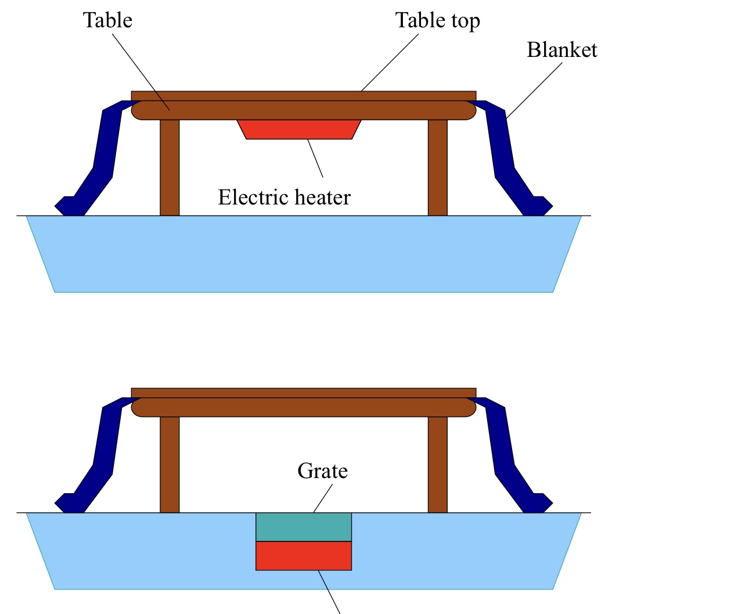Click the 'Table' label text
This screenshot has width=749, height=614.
[107, 20]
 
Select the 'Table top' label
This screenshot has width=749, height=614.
[437, 21]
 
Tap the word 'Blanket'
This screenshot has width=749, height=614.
[561, 50]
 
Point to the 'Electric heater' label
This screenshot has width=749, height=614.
[284, 198]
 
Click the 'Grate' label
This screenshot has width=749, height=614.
[322, 471]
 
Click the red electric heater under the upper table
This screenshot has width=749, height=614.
[299, 129]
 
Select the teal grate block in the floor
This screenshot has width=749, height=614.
[304, 527]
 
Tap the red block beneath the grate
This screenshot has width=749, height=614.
[304, 555]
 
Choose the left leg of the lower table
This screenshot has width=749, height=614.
[170, 465]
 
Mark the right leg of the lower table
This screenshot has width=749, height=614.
[438, 465]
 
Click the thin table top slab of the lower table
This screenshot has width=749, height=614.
[304, 393]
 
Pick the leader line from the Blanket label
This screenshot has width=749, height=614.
[534, 90]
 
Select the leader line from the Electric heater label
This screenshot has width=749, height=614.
[315, 158]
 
